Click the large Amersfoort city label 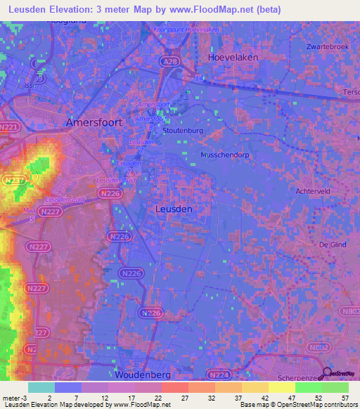[94, 122]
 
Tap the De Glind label [334, 245]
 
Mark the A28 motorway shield [169, 63]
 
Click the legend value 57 [345, 398]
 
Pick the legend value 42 [264, 398]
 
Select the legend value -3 [15, 398]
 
